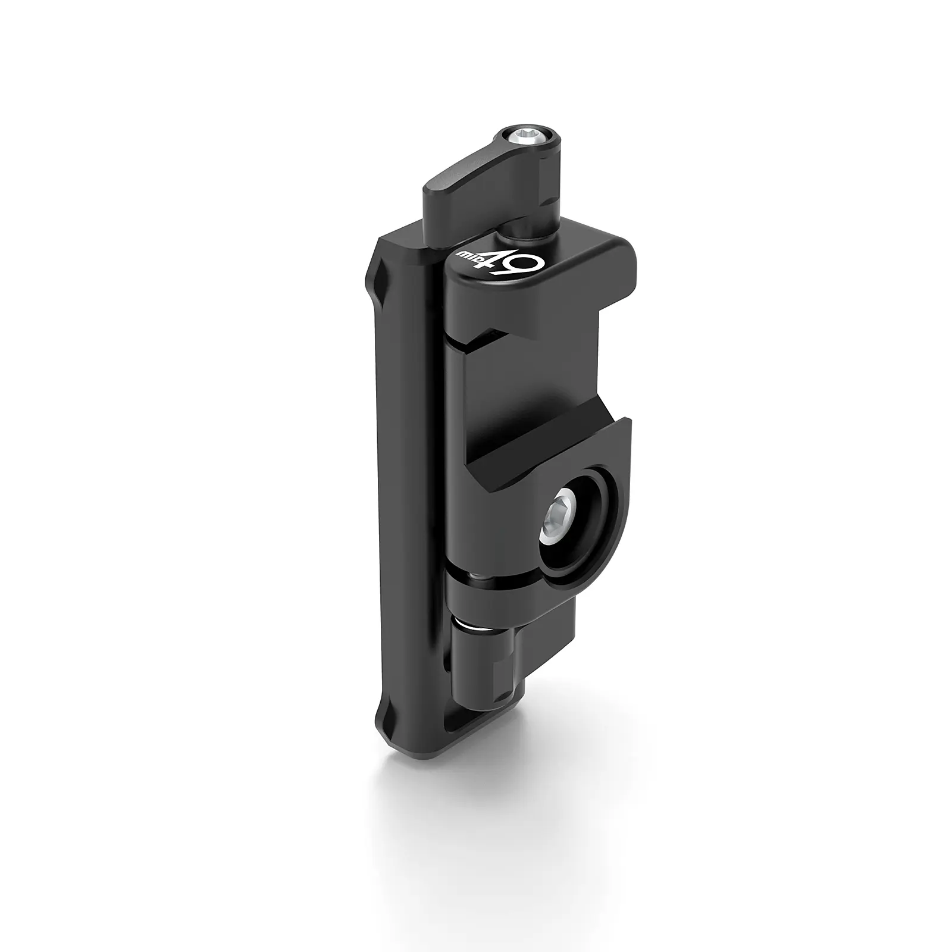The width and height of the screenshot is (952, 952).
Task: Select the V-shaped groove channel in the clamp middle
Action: click(535, 440)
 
